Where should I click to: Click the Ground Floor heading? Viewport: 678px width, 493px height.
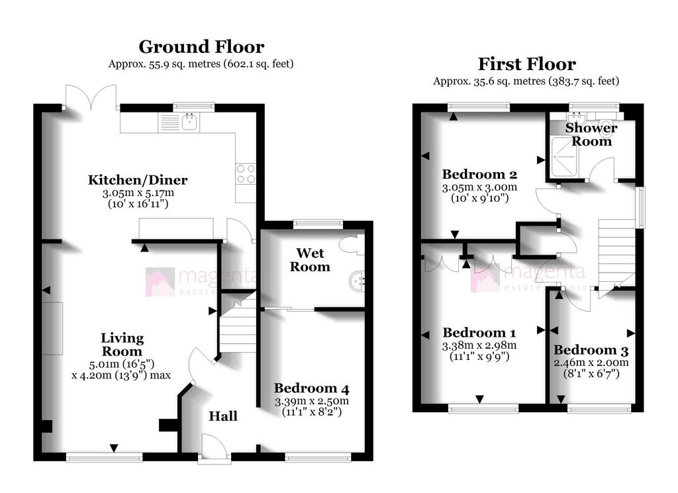201,47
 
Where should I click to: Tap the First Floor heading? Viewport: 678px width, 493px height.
526,64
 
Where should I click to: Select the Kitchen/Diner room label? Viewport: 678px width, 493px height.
138,180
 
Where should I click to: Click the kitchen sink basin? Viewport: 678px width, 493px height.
190,122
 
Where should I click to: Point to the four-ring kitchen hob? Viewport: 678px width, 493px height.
246,173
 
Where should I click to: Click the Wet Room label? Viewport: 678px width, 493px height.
310,259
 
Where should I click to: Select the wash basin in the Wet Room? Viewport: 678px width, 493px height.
357,281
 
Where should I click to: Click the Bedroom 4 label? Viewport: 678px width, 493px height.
311,388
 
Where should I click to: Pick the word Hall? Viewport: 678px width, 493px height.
223,416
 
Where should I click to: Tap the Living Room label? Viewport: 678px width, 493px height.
122,344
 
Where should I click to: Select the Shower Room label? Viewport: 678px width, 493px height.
591,134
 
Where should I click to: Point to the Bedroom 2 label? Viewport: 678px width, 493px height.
479,174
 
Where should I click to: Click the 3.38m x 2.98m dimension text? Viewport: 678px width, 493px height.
479,345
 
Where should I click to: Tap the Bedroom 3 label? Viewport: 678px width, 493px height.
591,349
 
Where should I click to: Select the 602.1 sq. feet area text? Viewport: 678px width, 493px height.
259,64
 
